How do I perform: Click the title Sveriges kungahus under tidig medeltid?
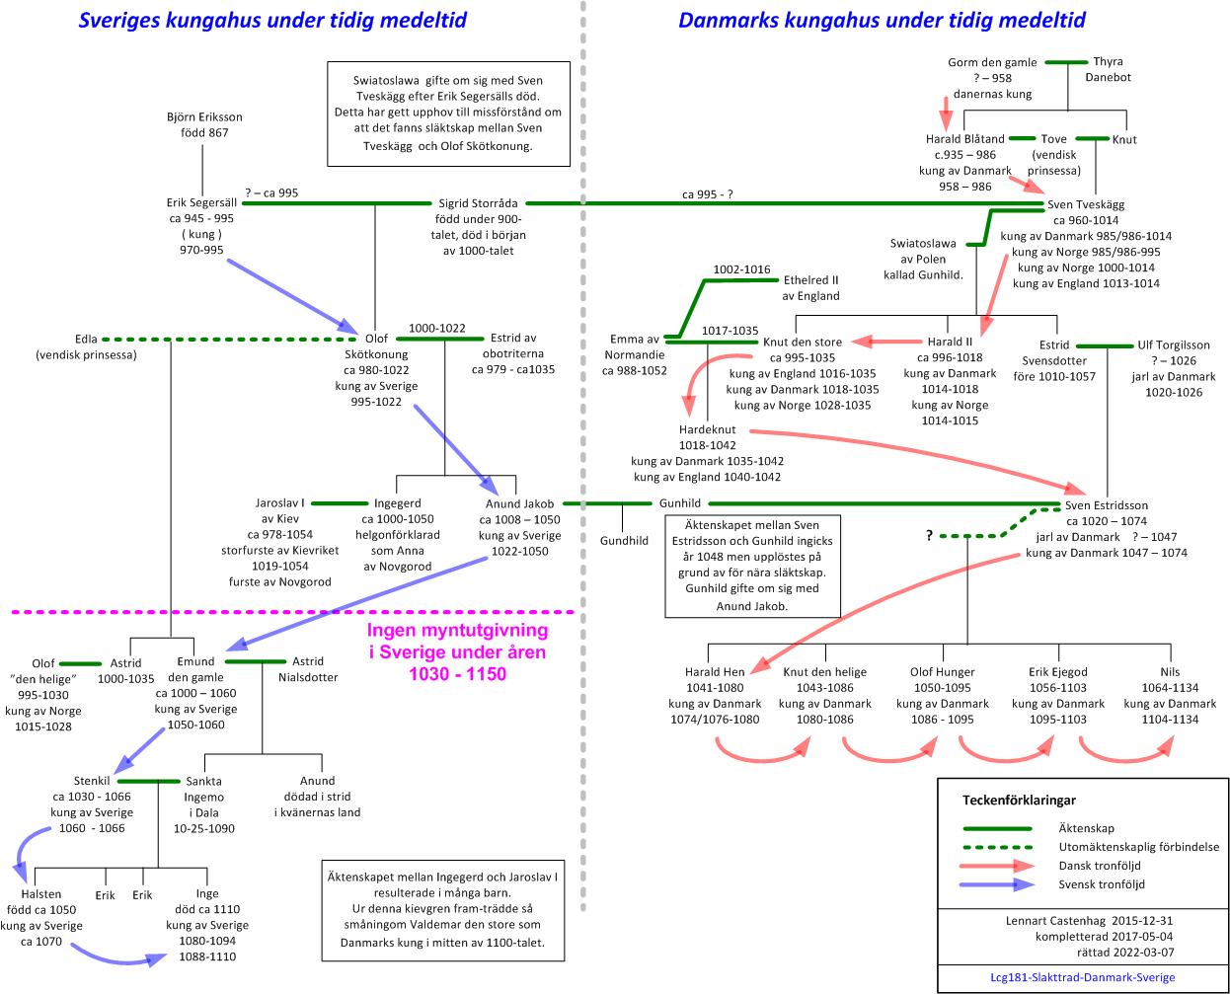272,20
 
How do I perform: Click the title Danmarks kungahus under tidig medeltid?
882,20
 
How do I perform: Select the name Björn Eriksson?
204,117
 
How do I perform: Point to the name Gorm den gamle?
992,62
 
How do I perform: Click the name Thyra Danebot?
1108,69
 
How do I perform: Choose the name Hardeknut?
707,430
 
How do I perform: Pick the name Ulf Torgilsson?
1174,345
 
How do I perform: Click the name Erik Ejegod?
1057,672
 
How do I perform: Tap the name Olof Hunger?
942,672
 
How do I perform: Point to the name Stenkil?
92,781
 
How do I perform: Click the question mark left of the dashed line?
929,535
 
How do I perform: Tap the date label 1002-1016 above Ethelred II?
741,269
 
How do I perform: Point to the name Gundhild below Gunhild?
624,541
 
